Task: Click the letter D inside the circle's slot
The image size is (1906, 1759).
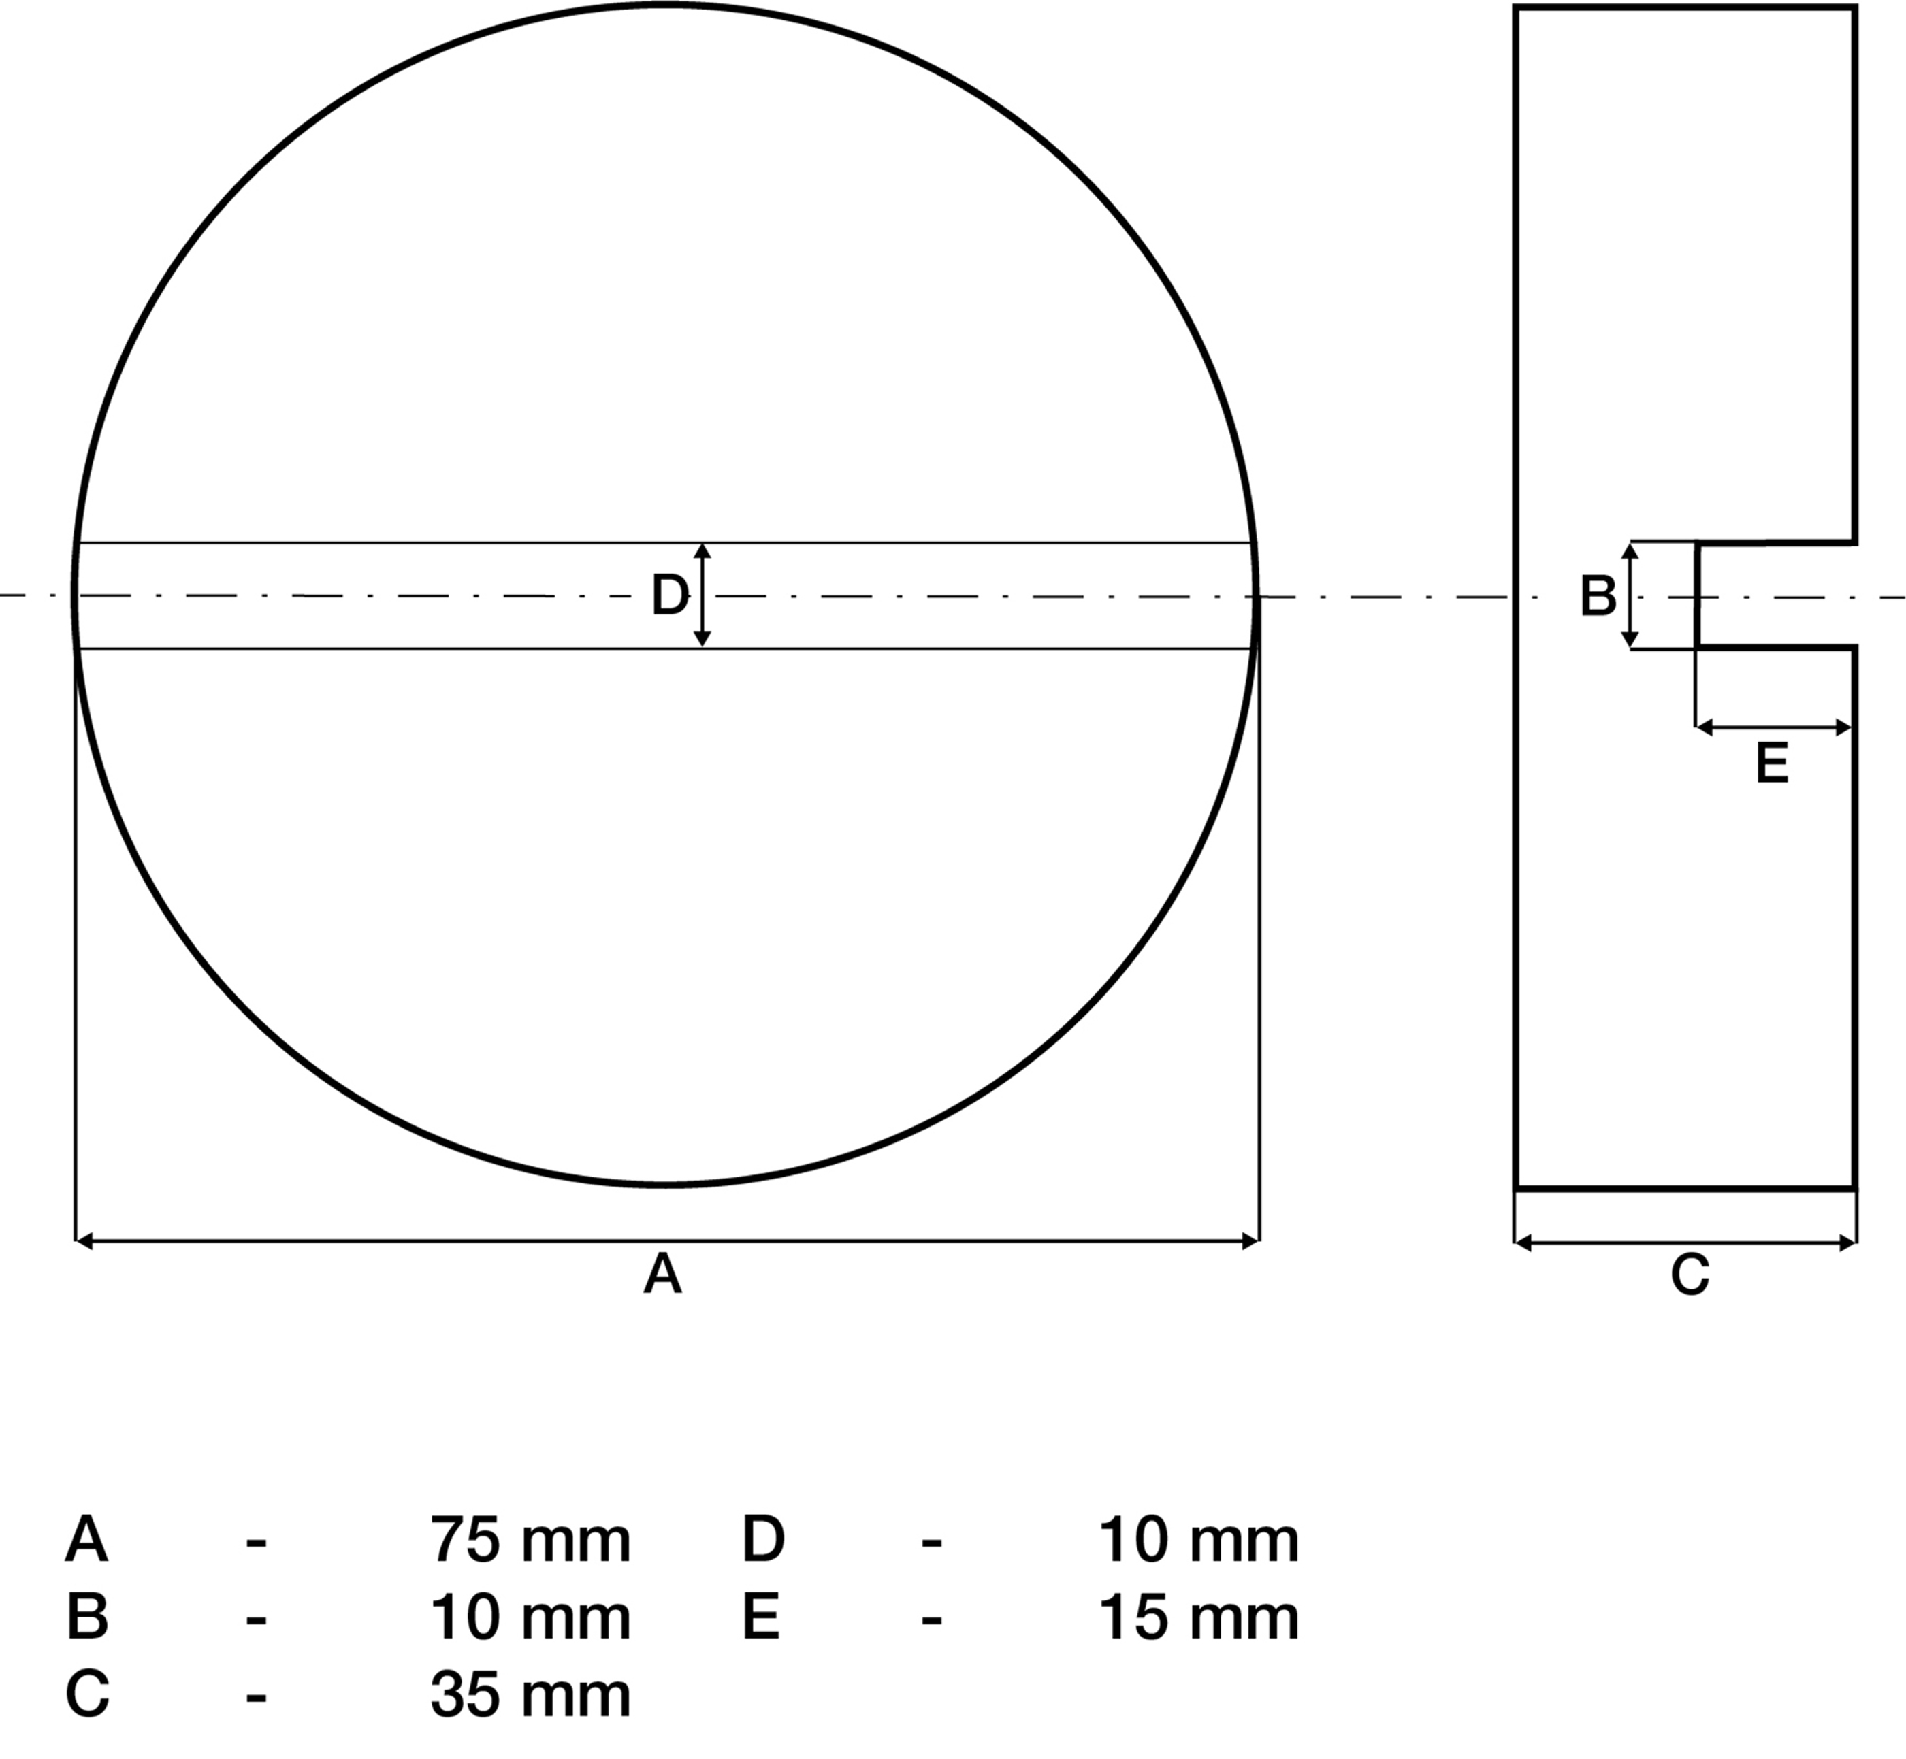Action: coord(669,596)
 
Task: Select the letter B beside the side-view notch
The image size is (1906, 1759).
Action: coord(1598,597)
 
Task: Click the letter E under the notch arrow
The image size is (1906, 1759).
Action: coord(1772,764)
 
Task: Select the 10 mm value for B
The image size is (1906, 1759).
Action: coord(530,1617)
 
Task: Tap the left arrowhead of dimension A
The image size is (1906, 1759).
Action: coord(84,1241)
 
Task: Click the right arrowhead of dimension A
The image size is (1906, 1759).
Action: coord(1251,1241)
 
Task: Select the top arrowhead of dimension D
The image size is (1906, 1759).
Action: coord(702,551)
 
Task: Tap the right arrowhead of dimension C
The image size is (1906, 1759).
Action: coord(1848,1243)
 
